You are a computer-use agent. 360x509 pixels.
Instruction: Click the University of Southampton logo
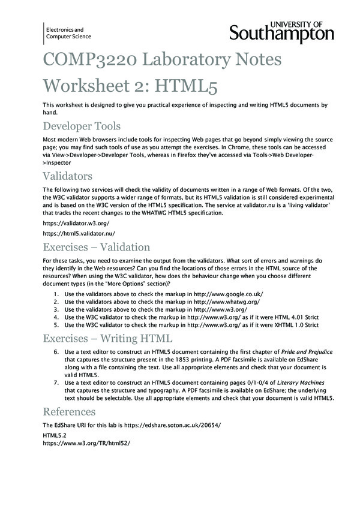[281, 31]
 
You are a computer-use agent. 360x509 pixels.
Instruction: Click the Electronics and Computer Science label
[65, 34]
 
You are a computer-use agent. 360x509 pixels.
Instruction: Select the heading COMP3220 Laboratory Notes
[154, 61]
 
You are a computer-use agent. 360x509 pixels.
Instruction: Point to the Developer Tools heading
[82, 126]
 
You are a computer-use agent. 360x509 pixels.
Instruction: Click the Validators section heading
[67, 176]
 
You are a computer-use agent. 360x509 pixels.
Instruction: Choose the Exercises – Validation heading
[96, 247]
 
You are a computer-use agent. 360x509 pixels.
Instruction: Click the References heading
[68, 412]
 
